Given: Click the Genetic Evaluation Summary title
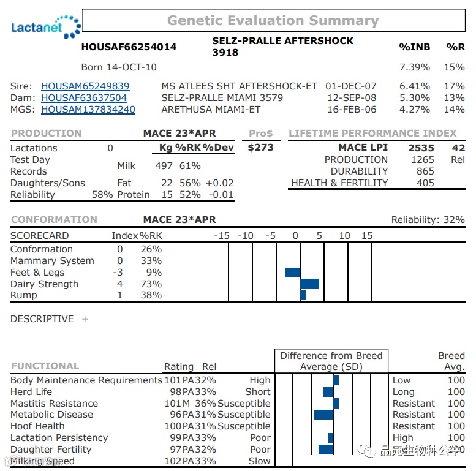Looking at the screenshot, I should click(273, 20).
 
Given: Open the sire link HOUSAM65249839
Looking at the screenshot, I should click(85, 86).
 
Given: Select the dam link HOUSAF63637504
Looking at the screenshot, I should click(84, 98).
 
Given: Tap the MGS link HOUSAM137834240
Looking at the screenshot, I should click(88, 110).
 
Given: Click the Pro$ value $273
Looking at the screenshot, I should click(261, 148).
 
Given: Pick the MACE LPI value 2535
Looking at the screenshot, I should click(421, 148).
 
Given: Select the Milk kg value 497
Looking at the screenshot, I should click(164, 166).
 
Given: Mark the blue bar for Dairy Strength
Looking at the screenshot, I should click(309, 284).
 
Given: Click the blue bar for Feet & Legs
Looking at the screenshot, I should click(293, 272).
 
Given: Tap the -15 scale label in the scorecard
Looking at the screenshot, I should click(221, 236).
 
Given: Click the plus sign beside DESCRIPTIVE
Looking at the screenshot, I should click(85, 319).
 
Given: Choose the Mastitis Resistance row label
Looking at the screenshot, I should click(54, 404).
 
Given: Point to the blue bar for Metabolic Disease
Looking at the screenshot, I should click(323, 415).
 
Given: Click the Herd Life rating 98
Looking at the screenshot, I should click(175, 392).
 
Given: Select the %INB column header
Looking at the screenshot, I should click(414, 47).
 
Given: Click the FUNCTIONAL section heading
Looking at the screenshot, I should click(45, 366).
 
